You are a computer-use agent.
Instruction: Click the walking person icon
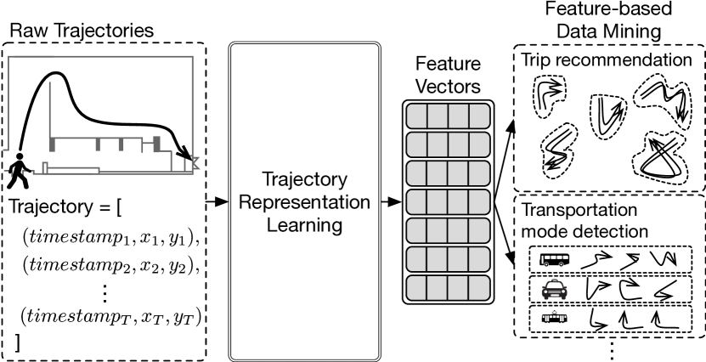(x=19, y=173)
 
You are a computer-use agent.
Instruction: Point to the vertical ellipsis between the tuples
(x=105, y=291)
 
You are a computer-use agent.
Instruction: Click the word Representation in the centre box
(x=304, y=203)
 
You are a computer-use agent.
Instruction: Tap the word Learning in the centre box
(x=304, y=225)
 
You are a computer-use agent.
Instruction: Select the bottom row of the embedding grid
(x=448, y=287)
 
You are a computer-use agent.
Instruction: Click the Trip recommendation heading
(x=607, y=60)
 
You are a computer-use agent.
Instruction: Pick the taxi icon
(x=553, y=291)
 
